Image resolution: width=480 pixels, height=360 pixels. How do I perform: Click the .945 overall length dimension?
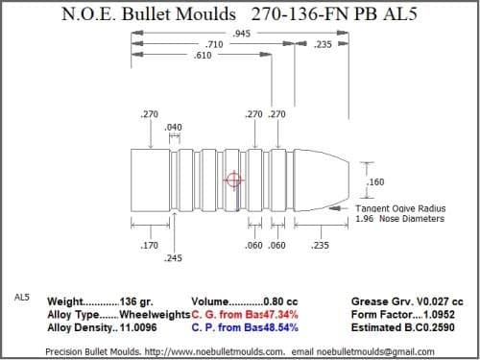pyautogui.click(x=242, y=34)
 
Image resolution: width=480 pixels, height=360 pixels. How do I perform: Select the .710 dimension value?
pyautogui.click(x=215, y=45)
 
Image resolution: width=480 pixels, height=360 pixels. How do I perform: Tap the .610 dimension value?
pyautogui.click(x=203, y=56)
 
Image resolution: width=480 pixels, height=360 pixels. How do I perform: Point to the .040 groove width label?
pyautogui.click(x=174, y=128)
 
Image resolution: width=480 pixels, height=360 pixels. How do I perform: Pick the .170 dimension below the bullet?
pyautogui.click(x=149, y=246)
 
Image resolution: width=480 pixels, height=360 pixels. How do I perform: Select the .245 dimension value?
pyautogui.click(x=174, y=259)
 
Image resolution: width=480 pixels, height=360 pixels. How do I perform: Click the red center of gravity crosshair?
pyautogui.click(x=232, y=180)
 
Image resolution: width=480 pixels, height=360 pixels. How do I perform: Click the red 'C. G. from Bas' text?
pyautogui.click(x=231, y=314)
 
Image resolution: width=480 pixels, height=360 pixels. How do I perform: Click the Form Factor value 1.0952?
pyautogui.click(x=441, y=314)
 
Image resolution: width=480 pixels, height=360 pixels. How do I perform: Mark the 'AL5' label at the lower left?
pyautogui.click(x=23, y=298)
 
